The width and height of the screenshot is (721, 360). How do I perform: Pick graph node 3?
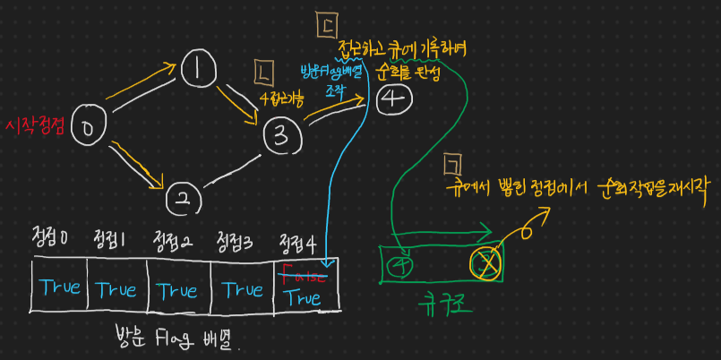(x=281, y=136)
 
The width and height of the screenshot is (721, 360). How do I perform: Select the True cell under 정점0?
(x=59, y=288)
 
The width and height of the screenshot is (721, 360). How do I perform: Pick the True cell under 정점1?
(x=116, y=289)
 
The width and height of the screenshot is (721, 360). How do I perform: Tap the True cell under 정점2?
(x=178, y=289)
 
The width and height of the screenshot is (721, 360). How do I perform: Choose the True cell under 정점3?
(x=242, y=289)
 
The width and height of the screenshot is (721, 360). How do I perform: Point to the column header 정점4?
(x=297, y=241)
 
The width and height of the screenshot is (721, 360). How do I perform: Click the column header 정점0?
(x=50, y=240)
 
